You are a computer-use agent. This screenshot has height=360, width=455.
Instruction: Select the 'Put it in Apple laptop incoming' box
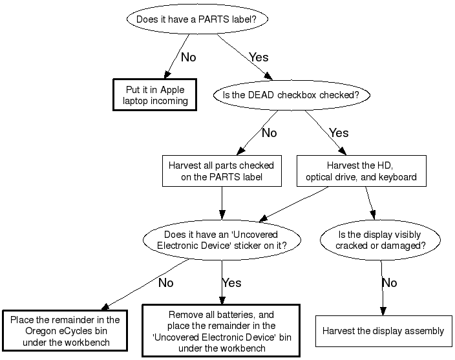[x=155, y=95]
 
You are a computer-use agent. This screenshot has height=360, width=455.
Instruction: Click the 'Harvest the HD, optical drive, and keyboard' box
[x=361, y=171]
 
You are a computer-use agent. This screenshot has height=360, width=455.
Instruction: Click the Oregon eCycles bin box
[x=65, y=330]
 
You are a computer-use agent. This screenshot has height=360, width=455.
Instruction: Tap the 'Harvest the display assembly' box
[x=384, y=331]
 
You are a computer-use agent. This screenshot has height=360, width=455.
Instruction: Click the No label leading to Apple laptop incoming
[x=188, y=58]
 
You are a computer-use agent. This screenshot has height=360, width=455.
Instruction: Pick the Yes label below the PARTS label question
[x=259, y=58]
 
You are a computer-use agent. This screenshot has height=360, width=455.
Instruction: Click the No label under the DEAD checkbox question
[x=269, y=133]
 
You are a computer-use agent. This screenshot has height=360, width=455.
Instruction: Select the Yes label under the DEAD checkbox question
[x=339, y=133]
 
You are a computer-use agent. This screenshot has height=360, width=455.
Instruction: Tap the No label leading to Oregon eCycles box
[x=165, y=283]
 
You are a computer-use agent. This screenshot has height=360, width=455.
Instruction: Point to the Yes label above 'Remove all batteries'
[x=231, y=283]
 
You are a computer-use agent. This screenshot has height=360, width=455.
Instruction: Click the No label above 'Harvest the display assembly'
[x=389, y=283]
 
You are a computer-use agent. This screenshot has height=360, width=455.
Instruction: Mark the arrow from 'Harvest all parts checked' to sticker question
[x=222, y=204]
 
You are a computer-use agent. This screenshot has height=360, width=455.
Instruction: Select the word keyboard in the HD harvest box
[x=397, y=176]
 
